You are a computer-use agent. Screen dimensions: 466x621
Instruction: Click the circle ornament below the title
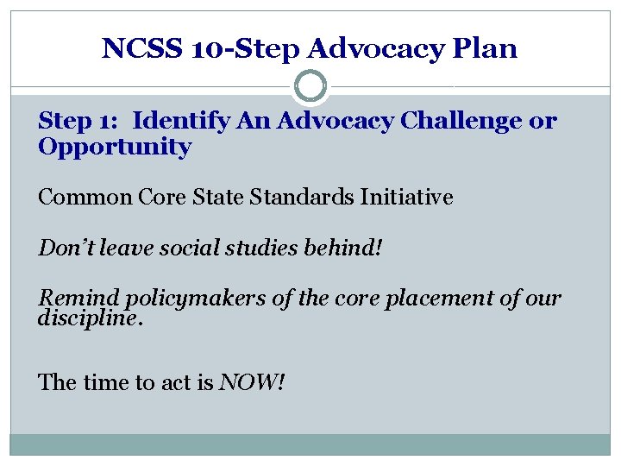pos(310,86)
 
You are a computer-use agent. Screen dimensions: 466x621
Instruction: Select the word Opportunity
pos(115,147)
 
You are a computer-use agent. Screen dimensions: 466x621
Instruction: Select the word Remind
pos(80,299)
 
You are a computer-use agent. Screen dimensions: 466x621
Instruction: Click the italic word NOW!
pos(252,381)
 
